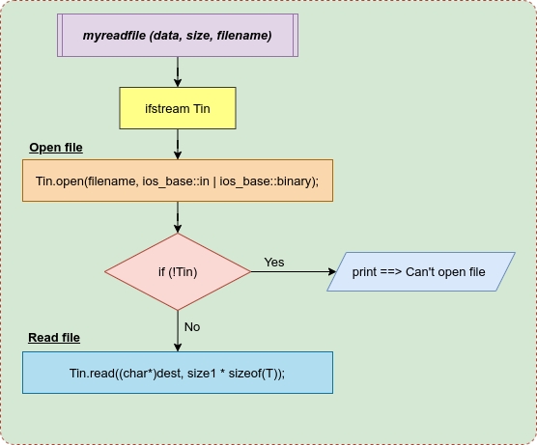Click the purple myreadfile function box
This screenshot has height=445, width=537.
pyautogui.click(x=178, y=36)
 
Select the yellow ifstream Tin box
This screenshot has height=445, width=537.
pyautogui.click(x=178, y=108)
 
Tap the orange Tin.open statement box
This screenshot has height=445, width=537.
pyautogui.click(x=178, y=181)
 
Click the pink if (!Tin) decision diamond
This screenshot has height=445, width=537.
pyautogui.click(x=178, y=272)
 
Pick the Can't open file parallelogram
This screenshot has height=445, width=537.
pyautogui.click(x=421, y=272)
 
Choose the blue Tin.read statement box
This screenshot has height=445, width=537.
pyautogui.click(x=178, y=373)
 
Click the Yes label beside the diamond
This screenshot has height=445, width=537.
pyautogui.click(x=274, y=263)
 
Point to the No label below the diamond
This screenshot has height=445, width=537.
pyautogui.click(x=192, y=327)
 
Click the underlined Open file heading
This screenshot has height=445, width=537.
pyautogui.click(x=56, y=148)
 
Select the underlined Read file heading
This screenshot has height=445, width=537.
pyautogui.click(x=54, y=338)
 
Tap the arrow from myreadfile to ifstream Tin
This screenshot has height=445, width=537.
pyautogui.click(x=178, y=71)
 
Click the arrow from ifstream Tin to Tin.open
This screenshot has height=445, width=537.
pyautogui.click(x=178, y=144)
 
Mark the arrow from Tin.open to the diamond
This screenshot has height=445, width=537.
pyautogui.click(x=178, y=217)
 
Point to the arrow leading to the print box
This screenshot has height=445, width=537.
pyautogui.click(x=294, y=272)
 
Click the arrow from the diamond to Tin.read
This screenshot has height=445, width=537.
pyautogui.click(x=178, y=331)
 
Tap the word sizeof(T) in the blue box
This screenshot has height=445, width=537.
pyautogui.click(x=255, y=374)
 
